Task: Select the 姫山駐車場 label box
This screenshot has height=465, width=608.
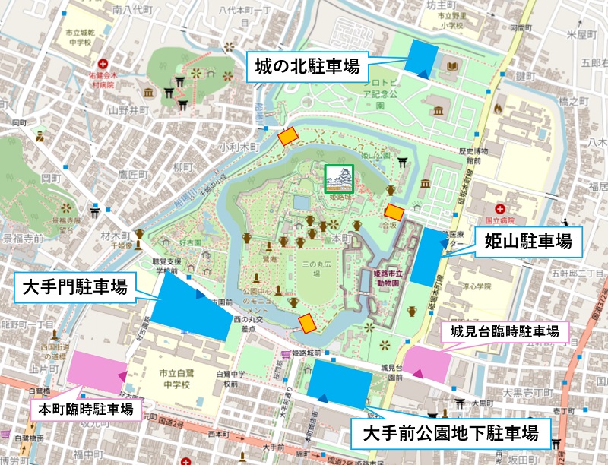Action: (529, 242)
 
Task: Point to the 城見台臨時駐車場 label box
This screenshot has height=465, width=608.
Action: (505, 332)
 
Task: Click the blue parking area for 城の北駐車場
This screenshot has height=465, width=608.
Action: (421, 58)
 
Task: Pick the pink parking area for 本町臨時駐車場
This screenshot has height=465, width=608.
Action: (97, 372)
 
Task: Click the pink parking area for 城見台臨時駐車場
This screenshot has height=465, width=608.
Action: (426, 359)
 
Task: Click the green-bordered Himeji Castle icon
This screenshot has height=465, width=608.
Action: (339, 179)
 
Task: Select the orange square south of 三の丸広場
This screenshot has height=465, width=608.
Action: (307, 323)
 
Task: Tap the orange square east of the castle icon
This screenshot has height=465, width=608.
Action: (394, 212)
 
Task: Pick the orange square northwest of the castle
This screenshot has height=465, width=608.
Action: (287, 136)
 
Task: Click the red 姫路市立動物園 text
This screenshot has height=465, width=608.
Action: (391, 277)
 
